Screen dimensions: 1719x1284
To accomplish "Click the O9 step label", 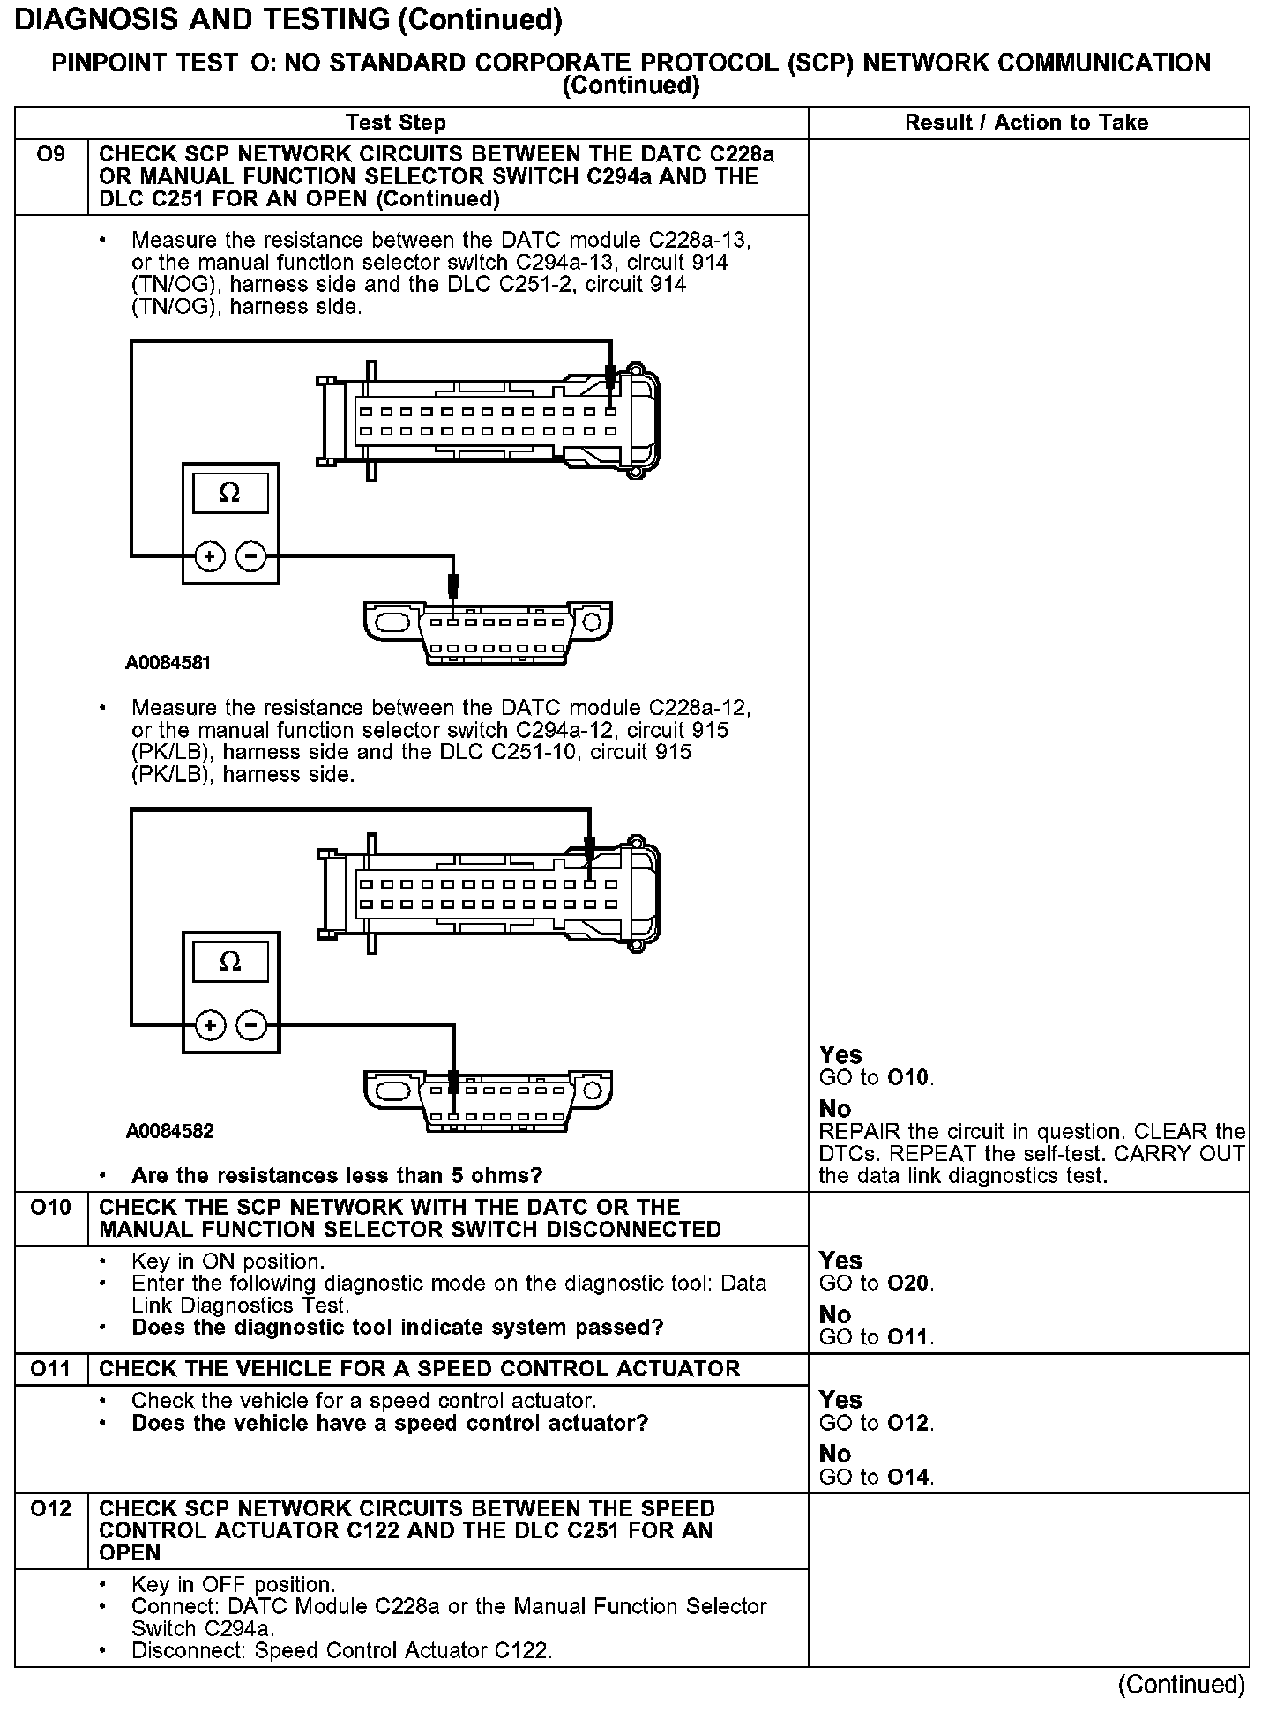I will pos(50,155).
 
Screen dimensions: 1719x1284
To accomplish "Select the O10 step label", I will pos(50,1207).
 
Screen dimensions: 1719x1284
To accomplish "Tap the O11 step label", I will pos(50,1368).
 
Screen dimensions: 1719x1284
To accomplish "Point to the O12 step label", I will pos(50,1508).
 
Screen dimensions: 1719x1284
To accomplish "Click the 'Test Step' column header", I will pos(396,123).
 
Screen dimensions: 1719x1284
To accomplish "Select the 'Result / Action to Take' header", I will pos(1026,123).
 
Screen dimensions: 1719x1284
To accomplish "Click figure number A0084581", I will pos(168,663).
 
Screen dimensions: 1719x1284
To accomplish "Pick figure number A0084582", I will pos(169,1131).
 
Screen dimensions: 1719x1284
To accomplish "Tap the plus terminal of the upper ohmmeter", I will pos(210,556).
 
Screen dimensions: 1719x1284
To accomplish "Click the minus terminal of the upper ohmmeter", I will pos(251,556).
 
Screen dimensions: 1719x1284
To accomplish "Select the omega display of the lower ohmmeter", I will pos(230,961).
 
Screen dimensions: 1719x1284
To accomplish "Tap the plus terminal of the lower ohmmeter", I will pos(210,1025).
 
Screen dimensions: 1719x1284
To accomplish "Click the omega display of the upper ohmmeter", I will pos(230,493).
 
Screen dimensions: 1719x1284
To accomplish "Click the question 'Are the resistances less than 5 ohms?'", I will pos(336,1175).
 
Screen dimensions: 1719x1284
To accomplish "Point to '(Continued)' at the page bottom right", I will pos(1181,1685).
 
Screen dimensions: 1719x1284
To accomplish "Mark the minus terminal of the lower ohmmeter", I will pos(251,1025).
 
